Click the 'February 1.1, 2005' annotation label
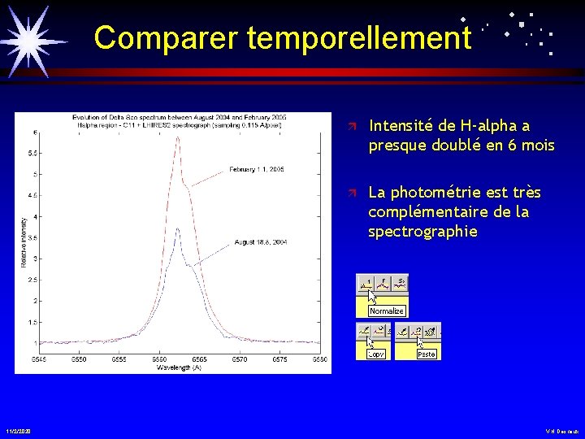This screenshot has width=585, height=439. click(x=256, y=170)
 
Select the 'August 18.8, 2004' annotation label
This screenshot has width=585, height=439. click(x=261, y=242)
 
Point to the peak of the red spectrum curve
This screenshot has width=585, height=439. click(x=178, y=137)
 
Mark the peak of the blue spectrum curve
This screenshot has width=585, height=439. click(x=178, y=228)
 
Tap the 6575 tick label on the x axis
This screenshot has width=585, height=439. click(x=279, y=359)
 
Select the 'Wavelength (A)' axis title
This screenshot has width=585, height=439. click(x=179, y=367)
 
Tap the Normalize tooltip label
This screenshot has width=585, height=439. click(x=386, y=311)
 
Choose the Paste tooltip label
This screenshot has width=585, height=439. click(x=426, y=354)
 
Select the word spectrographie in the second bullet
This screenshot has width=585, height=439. click(x=422, y=231)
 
